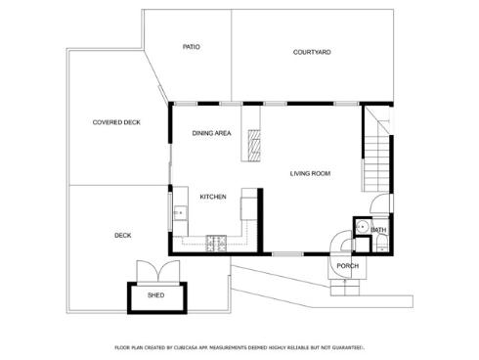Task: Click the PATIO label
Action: (x=192, y=47)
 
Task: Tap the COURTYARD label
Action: (x=312, y=52)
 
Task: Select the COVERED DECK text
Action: (x=116, y=122)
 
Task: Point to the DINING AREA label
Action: (x=211, y=133)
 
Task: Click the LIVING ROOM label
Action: (x=310, y=173)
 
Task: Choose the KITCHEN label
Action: (x=213, y=197)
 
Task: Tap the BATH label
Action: (x=378, y=230)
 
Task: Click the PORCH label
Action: (x=347, y=266)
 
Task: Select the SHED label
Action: (x=155, y=294)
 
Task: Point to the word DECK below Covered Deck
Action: (x=122, y=235)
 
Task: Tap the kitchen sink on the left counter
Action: (x=178, y=211)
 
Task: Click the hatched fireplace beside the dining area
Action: (x=253, y=144)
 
